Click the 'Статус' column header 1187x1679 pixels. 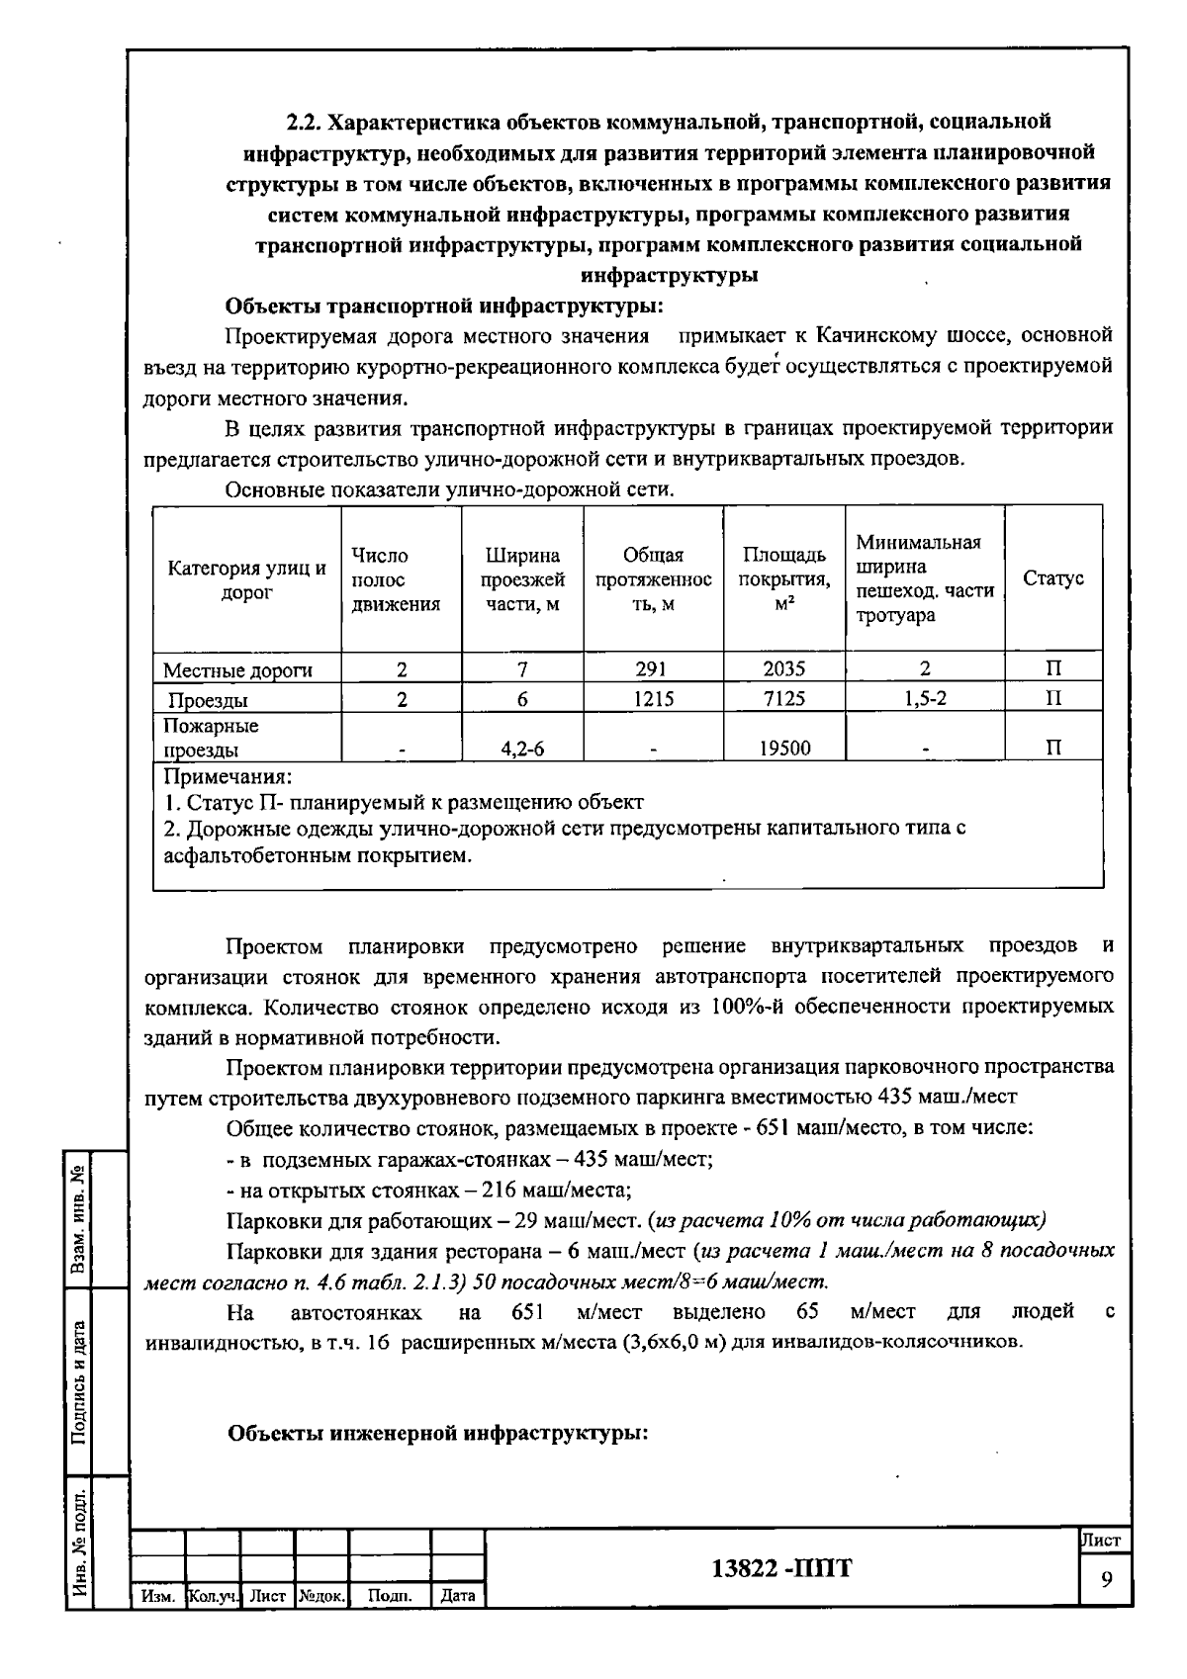point(1053,578)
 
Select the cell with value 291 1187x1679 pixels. point(652,669)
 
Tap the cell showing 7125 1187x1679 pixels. point(783,699)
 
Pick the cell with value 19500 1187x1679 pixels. point(783,749)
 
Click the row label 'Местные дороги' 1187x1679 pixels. point(237,670)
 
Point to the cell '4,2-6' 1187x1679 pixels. point(522,749)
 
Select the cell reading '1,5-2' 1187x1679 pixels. point(924,699)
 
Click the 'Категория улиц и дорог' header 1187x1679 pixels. point(246,579)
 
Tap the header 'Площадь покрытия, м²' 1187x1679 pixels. point(783,579)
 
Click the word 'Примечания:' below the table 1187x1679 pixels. point(227,776)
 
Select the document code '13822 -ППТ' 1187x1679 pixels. point(781,1569)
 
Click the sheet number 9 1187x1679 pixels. point(1106,1579)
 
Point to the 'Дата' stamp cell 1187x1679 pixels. point(458,1596)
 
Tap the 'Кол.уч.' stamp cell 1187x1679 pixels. point(213,1596)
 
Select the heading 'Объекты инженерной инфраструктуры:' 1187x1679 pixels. point(438,1433)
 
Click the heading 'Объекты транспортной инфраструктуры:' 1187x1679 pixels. point(444,306)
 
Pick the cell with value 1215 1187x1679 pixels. point(652,699)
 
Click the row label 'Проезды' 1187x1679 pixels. point(207,701)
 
